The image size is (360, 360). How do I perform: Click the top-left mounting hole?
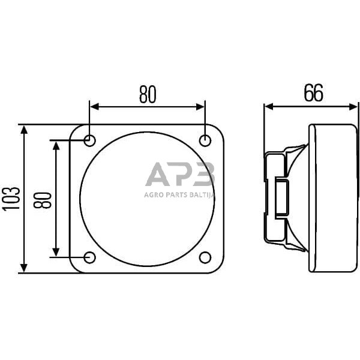tap(89, 140)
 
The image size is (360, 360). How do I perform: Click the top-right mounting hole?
tap(205, 140)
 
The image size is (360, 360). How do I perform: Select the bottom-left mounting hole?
tap(89, 257)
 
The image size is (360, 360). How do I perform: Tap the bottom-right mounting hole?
tap(205, 257)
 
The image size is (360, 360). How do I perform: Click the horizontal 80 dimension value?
tap(148, 94)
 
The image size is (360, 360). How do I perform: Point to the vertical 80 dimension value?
tap(42, 200)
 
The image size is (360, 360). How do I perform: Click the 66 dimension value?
tap(313, 93)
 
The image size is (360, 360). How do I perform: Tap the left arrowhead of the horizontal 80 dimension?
tap(94, 107)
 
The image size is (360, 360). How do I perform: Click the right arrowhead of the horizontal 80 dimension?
tap(200, 107)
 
